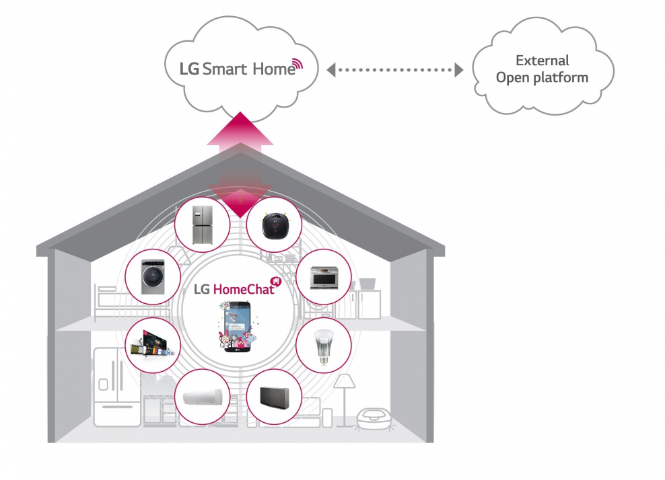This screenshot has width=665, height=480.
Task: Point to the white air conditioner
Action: (202, 396)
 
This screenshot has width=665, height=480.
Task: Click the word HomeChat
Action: (243, 290)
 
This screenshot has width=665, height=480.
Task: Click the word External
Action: (542, 61)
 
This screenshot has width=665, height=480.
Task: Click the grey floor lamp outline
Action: (345, 397)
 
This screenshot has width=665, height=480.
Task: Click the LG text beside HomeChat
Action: (202, 290)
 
